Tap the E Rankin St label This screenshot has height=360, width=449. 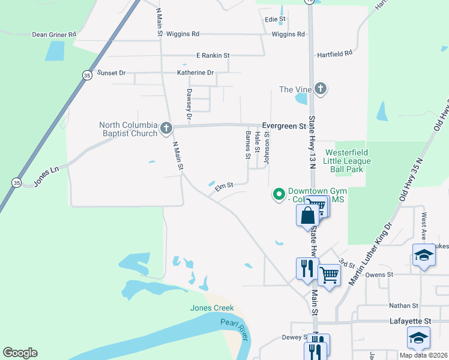pyautogui.click(x=213, y=56)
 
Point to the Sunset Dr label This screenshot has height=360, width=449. pyautogui.click(x=112, y=73)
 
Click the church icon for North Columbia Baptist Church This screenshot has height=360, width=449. pyautogui.click(x=166, y=128)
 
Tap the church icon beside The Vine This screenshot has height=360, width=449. pyautogui.click(x=321, y=89)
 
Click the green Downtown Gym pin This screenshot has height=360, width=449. pyautogui.click(x=279, y=194)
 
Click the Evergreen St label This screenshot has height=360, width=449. pyautogui.click(x=284, y=126)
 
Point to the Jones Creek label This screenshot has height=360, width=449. pyautogui.click(x=212, y=308)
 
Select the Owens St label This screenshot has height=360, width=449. pyautogui.click(x=379, y=274)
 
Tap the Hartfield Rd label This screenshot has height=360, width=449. pyautogui.click(x=334, y=54)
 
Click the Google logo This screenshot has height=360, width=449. pyautogui.click(x=20, y=353)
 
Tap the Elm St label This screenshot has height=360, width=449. pyautogui.click(x=224, y=188)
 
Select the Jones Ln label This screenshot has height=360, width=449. pyautogui.click(x=46, y=177)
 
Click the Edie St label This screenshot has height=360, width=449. pyautogui.click(x=275, y=20)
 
